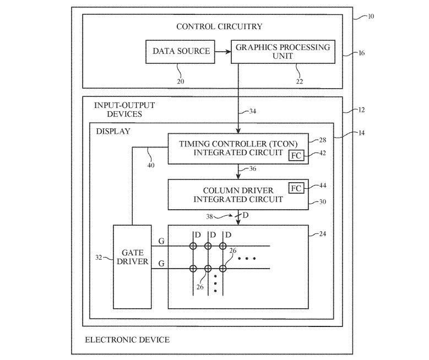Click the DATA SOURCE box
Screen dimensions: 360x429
click(x=181, y=52)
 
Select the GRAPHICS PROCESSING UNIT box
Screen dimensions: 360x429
click(x=283, y=52)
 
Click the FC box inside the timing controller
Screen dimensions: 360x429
click(x=296, y=155)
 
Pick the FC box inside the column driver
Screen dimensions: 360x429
click(x=296, y=188)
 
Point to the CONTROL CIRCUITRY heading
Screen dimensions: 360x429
click(x=219, y=26)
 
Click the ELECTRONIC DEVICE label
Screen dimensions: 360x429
click(x=127, y=340)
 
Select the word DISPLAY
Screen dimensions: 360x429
click(x=113, y=131)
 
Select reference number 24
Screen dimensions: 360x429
click(x=322, y=233)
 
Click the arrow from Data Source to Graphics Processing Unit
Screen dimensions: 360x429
click(x=222, y=52)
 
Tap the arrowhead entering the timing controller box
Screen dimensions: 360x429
click(x=238, y=130)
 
